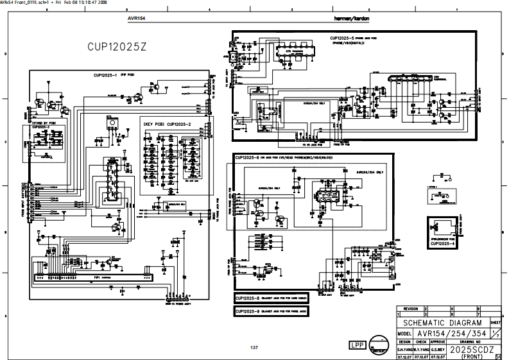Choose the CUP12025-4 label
[443, 243]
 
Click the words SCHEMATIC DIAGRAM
[442, 323]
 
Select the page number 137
[254, 347]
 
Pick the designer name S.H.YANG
[404, 350]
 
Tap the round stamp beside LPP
[381, 345]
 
